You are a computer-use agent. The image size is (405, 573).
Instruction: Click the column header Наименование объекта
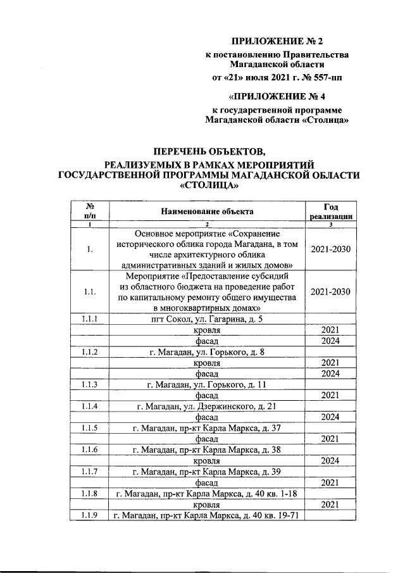207,211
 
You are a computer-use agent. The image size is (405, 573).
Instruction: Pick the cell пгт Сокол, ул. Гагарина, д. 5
207,318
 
